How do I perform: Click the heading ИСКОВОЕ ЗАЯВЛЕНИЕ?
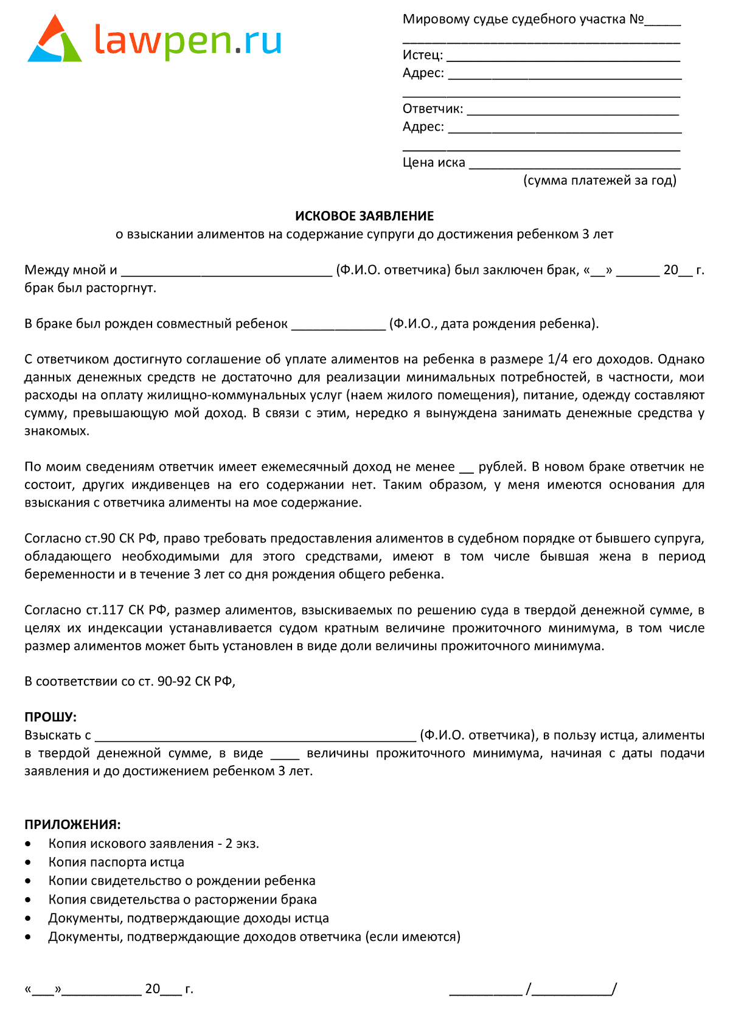pyautogui.click(x=364, y=216)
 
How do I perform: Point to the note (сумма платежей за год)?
pyautogui.click(x=599, y=180)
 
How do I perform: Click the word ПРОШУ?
pyautogui.click(x=50, y=717)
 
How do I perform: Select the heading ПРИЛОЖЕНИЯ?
pyautogui.click(x=72, y=825)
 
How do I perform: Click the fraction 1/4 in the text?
pyautogui.click(x=557, y=359)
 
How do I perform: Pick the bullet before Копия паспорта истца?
pyautogui.click(x=29, y=862)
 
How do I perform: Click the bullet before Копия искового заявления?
pyautogui.click(x=29, y=844)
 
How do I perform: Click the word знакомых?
pyautogui.click(x=56, y=431)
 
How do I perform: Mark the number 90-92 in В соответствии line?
pyautogui.click(x=174, y=681)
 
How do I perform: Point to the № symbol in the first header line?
pyautogui.click(x=636, y=19)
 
